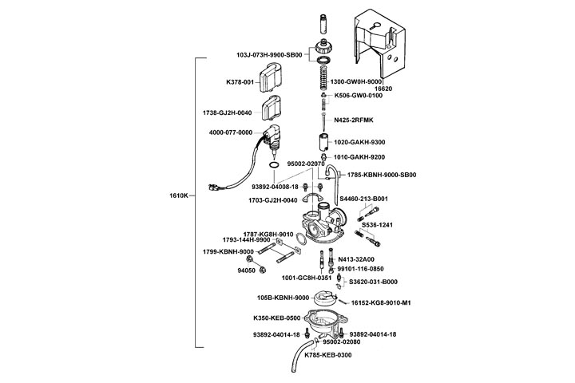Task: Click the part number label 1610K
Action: tap(179, 195)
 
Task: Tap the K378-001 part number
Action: tap(240, 82)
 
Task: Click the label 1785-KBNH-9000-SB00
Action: tap(382, 175)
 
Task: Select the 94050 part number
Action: tap(245, 270)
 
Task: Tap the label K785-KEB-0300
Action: tap(327, 353)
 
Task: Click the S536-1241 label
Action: tap(378, 224)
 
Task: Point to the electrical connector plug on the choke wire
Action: tap(212, 190)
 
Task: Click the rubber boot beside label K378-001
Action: tap(276, 81)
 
